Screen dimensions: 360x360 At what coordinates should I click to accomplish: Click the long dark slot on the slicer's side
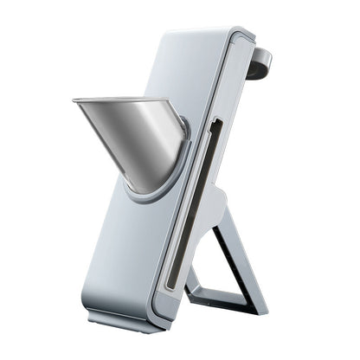195,208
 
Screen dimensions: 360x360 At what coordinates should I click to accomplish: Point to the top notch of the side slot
214,125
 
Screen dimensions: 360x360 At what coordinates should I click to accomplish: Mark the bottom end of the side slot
172,286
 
